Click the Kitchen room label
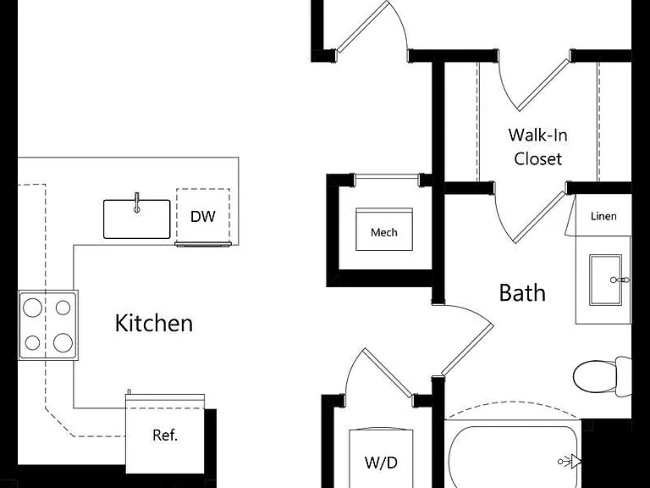point(154,324)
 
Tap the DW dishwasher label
point(203,216)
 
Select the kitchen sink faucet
point(137,203)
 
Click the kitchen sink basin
point(137,219)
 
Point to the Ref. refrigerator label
point(165,435)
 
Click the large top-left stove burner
point(32,308)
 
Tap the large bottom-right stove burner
point(63,343)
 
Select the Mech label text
point(384,232)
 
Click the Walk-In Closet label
point(538,147)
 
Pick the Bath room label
point(522,292)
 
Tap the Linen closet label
point(603,216)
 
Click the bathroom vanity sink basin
point(606,280)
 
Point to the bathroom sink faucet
point(620,280)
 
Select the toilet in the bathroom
point(603,376)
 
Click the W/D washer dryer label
point(381,462)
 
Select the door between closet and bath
point(539,217)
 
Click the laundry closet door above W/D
point(388,372)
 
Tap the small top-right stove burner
point(63,308)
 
